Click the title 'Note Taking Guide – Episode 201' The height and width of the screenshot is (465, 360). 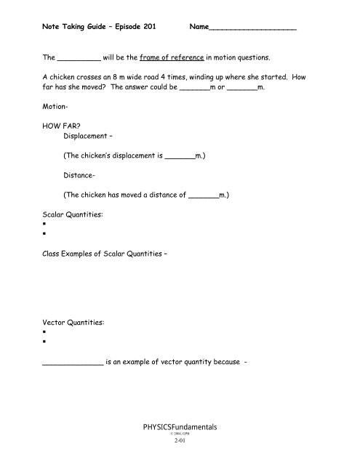101,28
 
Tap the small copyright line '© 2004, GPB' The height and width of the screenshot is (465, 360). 180,436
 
